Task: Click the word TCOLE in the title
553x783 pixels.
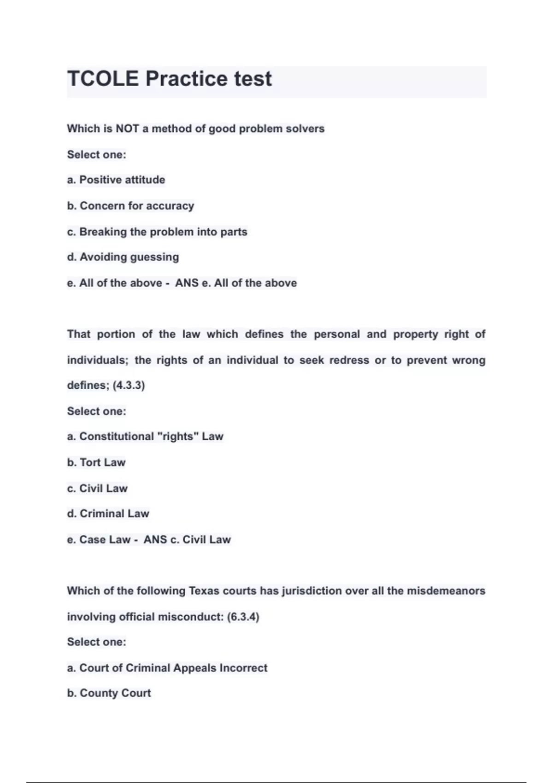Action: coord(103,79)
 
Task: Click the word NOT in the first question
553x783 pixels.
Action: coord(127,129)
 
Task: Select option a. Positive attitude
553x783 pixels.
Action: coord(116,180)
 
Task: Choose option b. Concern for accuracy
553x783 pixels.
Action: coord(130,206)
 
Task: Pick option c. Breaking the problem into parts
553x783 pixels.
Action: coord(157,232)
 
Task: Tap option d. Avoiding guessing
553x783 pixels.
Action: coord(123,257)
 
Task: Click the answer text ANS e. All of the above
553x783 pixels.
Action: coord(236,283)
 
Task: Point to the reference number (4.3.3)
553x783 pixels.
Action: coord(129,385)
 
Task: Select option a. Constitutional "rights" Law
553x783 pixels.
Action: coord(145,436)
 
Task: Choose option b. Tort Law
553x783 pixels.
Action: coord(96,462)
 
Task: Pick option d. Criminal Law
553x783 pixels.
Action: coord(108,514)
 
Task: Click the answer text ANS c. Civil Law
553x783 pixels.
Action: coord(187,539)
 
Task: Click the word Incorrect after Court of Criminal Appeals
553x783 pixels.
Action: coord(243,668)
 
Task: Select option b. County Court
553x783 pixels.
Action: coord(109,693)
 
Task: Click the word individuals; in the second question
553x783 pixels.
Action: coord(97,360)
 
